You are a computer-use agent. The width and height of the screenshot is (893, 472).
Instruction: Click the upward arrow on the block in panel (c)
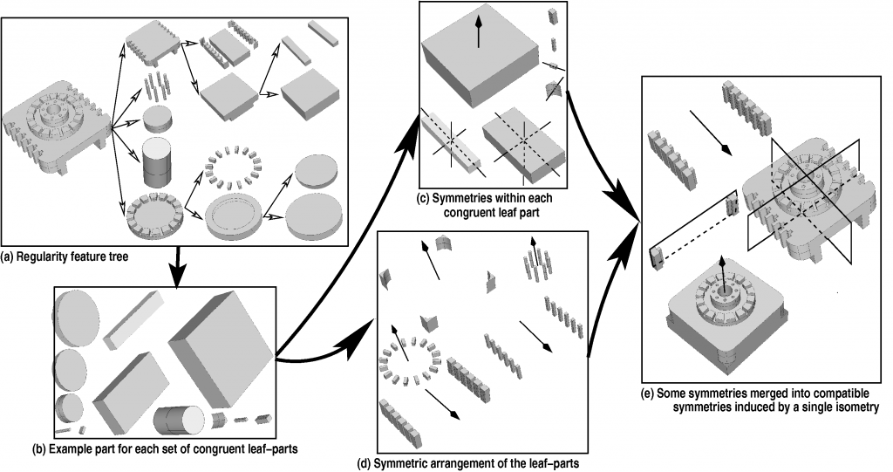pos(478,35)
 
